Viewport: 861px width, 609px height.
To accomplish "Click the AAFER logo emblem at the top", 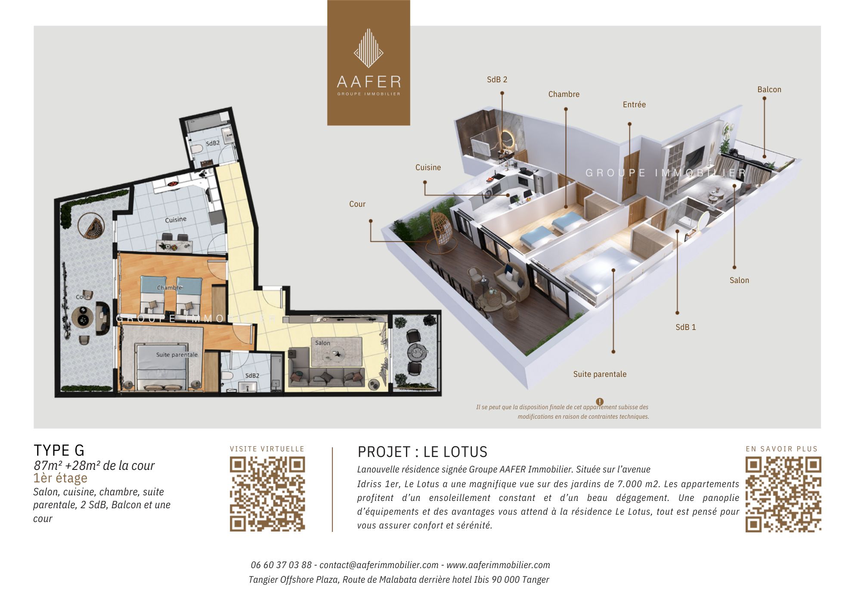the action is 369,48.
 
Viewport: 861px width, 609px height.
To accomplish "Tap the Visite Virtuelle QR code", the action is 267,494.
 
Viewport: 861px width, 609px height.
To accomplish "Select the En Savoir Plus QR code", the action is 783,494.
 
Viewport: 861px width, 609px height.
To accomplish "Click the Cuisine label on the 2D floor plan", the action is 176,220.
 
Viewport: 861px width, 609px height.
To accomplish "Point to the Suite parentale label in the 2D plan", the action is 177,354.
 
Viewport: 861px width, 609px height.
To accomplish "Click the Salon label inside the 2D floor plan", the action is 322,343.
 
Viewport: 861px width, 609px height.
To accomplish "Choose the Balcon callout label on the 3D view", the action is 769,90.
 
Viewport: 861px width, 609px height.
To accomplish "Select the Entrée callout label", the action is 634,105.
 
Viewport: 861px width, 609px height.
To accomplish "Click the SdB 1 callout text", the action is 686,327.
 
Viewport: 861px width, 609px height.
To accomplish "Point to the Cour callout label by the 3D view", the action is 357,204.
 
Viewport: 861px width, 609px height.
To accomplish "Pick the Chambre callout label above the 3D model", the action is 564,94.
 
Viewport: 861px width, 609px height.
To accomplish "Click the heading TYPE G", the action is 59,451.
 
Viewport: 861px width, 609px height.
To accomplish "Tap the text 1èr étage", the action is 60,478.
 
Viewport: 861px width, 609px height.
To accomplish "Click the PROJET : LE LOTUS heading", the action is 422,452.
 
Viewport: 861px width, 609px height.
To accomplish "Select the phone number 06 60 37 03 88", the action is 281,565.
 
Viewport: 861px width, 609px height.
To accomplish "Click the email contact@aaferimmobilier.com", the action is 379,565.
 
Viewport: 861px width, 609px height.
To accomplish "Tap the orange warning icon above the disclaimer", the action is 600,401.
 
